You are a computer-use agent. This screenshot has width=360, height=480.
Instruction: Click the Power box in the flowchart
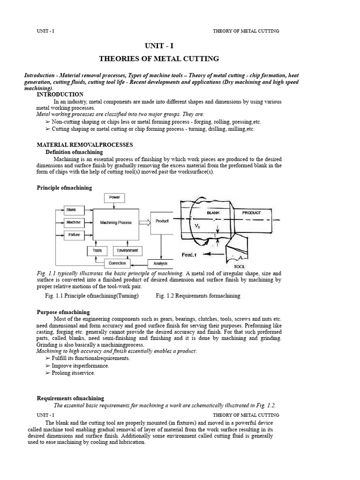114,197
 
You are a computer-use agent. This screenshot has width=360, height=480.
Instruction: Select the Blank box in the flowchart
72,210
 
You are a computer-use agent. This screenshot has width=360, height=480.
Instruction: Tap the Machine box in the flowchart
73,222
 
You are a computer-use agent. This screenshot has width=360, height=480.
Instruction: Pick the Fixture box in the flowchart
73,234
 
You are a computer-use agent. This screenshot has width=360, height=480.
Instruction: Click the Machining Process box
116,223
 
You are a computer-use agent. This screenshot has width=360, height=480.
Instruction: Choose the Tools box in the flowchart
97,251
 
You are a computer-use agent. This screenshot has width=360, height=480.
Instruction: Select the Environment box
127,251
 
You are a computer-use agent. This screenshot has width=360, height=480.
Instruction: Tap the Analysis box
160,263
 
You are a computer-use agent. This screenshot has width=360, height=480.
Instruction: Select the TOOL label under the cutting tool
233,266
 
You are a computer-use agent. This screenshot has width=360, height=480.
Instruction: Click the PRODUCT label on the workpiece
252,212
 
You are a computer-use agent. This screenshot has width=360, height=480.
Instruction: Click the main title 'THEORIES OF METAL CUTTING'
159,59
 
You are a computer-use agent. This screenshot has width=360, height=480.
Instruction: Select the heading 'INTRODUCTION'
60,95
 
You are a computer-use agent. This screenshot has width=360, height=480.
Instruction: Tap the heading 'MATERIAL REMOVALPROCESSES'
85,145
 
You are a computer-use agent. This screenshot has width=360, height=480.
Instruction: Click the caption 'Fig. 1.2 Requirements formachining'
198,296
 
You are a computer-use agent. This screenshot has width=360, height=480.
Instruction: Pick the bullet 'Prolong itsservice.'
73,373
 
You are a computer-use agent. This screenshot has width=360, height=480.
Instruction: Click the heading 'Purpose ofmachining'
63,312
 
